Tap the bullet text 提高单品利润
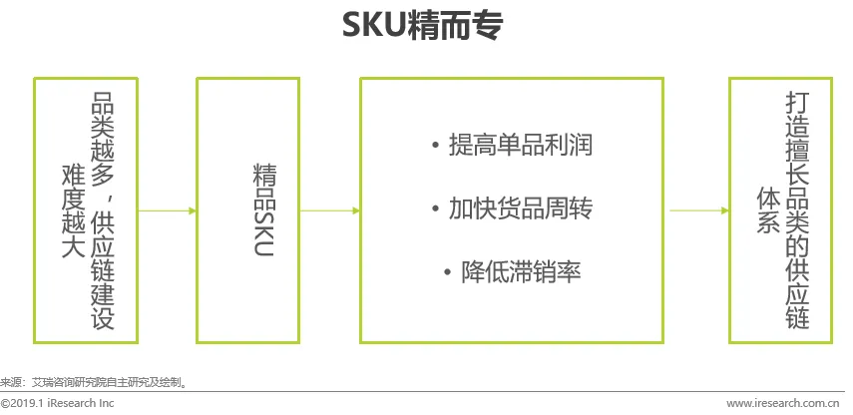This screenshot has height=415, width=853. [520, 146]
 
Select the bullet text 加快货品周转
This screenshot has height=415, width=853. [520, 209]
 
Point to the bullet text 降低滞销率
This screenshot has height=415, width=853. [520, 271]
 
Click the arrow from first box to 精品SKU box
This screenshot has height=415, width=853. [167, 210]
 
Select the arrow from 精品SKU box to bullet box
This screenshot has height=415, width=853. [330, 210]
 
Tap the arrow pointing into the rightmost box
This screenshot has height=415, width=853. [698, 210]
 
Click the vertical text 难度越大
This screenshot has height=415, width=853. [71, 210]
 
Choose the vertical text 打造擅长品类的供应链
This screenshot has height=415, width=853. [795, 210]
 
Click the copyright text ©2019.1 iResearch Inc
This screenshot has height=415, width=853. [57, 403]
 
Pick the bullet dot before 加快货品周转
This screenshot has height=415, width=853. [435, 210]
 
